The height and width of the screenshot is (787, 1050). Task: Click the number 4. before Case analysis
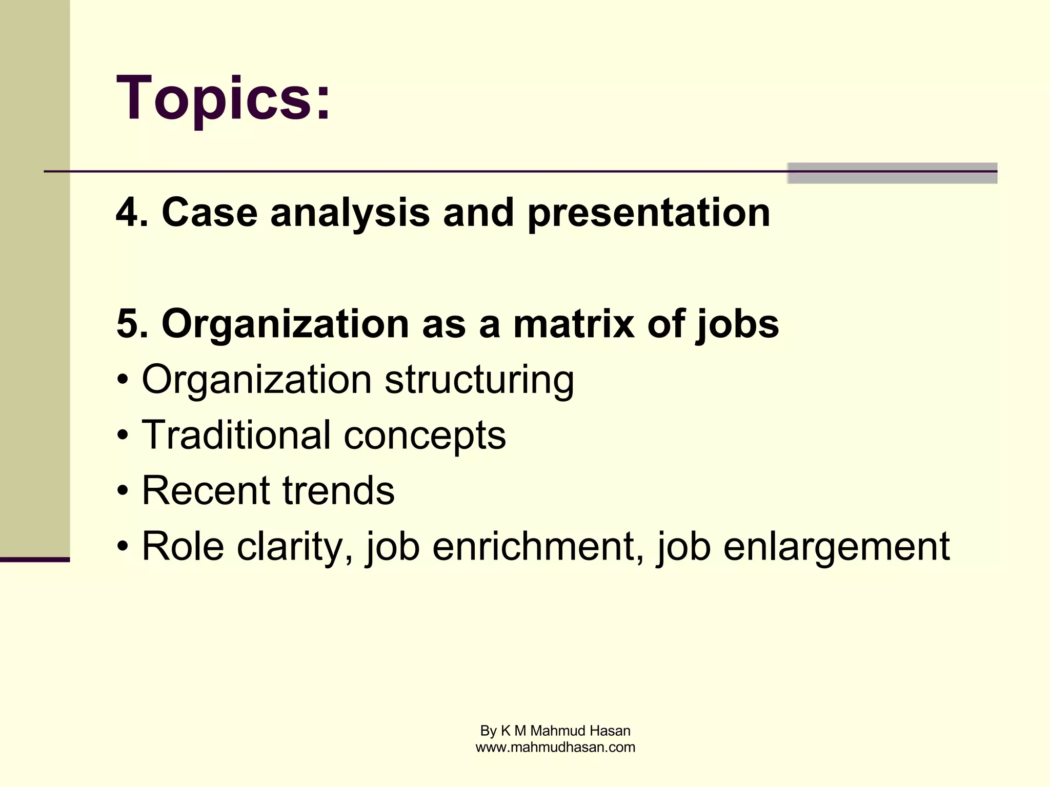[132, 212]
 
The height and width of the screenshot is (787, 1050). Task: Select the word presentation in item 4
[649, 213]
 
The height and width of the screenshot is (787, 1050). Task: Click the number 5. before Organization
[132, 324]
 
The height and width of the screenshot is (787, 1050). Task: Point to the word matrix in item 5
[573, 324]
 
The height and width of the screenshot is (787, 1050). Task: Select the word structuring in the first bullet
[479, 381]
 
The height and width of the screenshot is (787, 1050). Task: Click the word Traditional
[235, 435]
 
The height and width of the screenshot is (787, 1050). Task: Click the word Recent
[205, 491]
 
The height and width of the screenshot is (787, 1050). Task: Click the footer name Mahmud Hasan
[580, 731]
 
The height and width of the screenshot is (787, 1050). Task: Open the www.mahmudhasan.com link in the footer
[555, 747]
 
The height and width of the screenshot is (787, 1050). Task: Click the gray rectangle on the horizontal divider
[892, 173]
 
